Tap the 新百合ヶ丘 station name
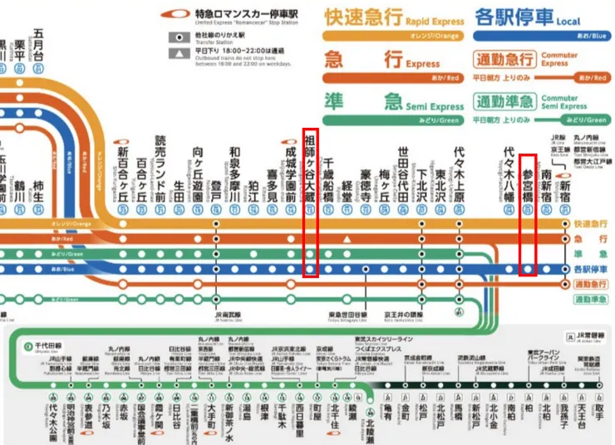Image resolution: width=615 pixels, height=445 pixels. click(122, 170)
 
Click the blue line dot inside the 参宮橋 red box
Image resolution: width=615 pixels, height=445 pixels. click(527, 270)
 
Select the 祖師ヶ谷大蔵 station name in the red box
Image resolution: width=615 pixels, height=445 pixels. click(310, 162)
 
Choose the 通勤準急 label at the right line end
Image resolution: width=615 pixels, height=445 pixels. click(590, 299)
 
